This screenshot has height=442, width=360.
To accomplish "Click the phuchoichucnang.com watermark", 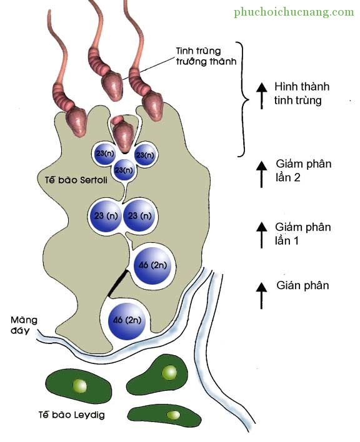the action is coord(294,12).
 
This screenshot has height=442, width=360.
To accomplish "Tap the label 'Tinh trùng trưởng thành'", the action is coord(206,56).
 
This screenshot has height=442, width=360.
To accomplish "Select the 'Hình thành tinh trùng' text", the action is coord(302,93).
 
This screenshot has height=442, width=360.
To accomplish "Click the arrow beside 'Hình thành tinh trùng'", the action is coord(261,96).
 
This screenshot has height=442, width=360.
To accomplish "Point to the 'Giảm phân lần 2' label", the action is coord(303,170).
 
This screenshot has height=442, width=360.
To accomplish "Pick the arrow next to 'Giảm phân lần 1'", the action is coord(261,235).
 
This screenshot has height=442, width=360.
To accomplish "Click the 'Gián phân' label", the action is coord(302,285).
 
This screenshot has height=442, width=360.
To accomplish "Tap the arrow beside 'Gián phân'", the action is coord(261,296).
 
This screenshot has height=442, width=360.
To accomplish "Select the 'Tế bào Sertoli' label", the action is coord(76,180).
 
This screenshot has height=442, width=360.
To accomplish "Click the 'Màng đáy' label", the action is coord(24,325).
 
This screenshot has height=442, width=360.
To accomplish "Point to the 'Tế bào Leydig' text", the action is coord(72,415).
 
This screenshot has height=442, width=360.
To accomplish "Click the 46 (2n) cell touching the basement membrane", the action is coord(127,321).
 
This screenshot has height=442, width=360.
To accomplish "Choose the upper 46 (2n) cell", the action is coord(152,265).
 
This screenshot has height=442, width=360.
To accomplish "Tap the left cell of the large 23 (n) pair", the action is coord(106,216).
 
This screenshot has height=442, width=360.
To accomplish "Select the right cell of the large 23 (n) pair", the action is coord(139,216).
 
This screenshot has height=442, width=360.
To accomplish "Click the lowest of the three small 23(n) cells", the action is coord(124,170).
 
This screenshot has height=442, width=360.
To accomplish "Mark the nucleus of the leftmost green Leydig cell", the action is coord(79,386).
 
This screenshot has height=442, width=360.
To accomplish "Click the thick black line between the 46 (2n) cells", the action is coord(117,283).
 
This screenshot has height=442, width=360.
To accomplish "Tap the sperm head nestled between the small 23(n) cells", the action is coord(123,134).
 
